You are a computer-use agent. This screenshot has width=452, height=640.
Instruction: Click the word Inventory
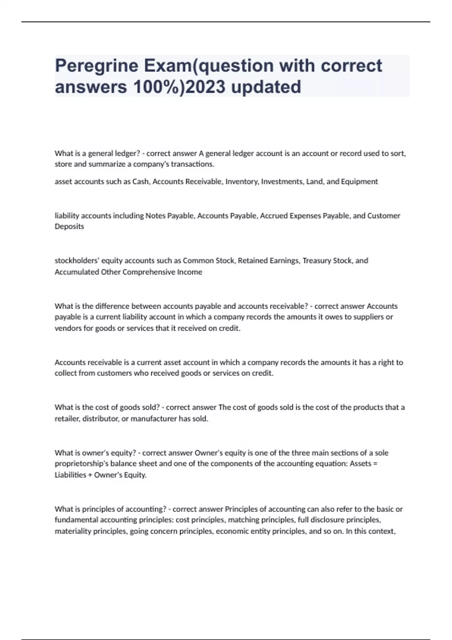click(x=241, y=181)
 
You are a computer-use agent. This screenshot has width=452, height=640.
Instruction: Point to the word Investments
click(x=282, y=181)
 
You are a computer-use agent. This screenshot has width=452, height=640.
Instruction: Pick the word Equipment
click(x=359, y=181)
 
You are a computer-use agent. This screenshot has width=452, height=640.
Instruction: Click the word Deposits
click(x=69, y=226)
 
